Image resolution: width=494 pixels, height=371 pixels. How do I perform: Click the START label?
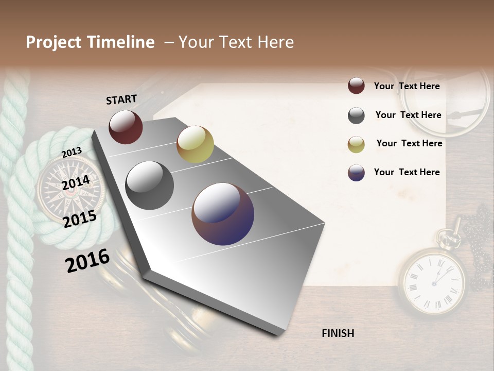pos(121,99)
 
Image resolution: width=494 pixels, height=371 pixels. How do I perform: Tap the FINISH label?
pos(338,333)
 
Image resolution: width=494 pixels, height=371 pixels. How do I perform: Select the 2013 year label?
pos(72,153)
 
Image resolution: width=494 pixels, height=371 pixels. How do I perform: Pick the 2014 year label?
pos(76,183)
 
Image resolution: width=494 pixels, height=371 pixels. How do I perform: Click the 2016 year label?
pos(87,261)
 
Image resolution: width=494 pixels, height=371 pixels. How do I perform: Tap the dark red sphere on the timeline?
pos(126,127)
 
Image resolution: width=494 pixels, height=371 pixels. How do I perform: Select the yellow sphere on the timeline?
pos(195,144)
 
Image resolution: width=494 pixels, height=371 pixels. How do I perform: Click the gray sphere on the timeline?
pos(150,185)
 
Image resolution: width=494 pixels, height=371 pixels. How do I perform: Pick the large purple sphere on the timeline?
pos(223,214)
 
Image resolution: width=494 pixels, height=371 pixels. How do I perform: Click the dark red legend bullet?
pos(356,86)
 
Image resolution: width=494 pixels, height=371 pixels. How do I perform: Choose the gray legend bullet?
pos(356,115)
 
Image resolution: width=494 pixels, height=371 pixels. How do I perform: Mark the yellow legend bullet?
pos(356,144)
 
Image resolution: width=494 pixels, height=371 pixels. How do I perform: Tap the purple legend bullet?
pos(356,173)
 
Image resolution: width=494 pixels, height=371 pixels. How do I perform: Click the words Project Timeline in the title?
pos(90,42)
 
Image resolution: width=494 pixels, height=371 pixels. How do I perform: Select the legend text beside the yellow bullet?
pos(410,143)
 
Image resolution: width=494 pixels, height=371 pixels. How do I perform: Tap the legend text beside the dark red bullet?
pos(407,86)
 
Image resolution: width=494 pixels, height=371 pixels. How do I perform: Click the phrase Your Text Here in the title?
pos(236,42)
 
